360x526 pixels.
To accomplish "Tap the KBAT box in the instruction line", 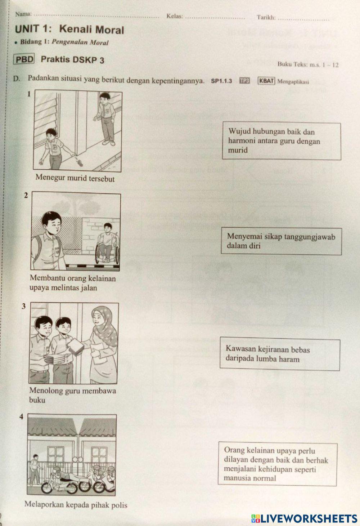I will click(266, 81).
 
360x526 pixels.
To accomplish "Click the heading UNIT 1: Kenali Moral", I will click(69, 29).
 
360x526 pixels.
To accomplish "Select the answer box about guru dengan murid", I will click(282, 141).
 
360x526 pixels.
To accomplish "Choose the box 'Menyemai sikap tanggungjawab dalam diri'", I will click(281, 241).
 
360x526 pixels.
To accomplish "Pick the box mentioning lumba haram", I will click(280, 354).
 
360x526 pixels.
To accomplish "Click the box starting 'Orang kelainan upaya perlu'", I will click(277, 464).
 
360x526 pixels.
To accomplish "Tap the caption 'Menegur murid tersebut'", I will click(75, 178).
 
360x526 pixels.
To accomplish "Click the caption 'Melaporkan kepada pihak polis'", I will click(76, 505).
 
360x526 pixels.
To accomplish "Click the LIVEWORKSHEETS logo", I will click(304, 518).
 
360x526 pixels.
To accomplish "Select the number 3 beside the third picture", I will click(24, 307).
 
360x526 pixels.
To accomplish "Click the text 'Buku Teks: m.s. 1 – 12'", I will click(308, 65).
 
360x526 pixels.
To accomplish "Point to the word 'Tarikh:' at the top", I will click(266, 17).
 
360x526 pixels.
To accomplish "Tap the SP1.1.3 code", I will click(221, 81).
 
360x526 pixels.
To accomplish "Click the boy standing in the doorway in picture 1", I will click(106, 117).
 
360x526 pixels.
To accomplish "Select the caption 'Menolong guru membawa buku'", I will click(72, 395).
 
